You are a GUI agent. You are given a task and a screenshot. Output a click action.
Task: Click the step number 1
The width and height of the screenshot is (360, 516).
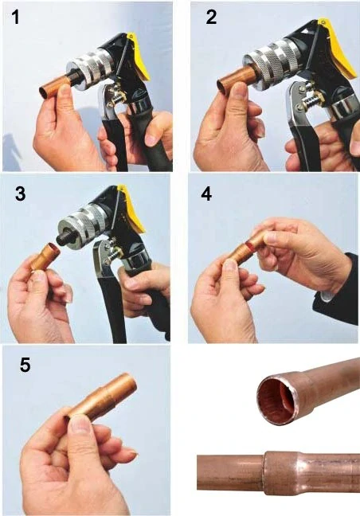point(15,17)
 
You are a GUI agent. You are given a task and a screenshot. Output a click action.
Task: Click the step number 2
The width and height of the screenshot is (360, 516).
point(211,17)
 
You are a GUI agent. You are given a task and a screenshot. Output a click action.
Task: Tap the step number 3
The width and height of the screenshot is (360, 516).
point(20,193)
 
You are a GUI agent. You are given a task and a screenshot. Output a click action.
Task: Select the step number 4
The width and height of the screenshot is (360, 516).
point(206,193)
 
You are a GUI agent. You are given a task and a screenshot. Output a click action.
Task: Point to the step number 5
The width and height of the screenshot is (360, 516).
point(25,365)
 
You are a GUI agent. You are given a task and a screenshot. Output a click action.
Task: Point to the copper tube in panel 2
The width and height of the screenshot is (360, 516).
point(235,79)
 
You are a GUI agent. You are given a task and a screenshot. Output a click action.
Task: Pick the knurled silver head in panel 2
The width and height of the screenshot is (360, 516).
point(272,63)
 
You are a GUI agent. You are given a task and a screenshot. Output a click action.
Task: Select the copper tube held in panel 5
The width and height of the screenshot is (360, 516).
point(102,397)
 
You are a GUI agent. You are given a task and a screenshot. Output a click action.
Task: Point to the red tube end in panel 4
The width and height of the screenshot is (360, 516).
point(251,243)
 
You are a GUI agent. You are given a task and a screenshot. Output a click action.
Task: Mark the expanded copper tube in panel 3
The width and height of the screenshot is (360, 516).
point(45,257)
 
